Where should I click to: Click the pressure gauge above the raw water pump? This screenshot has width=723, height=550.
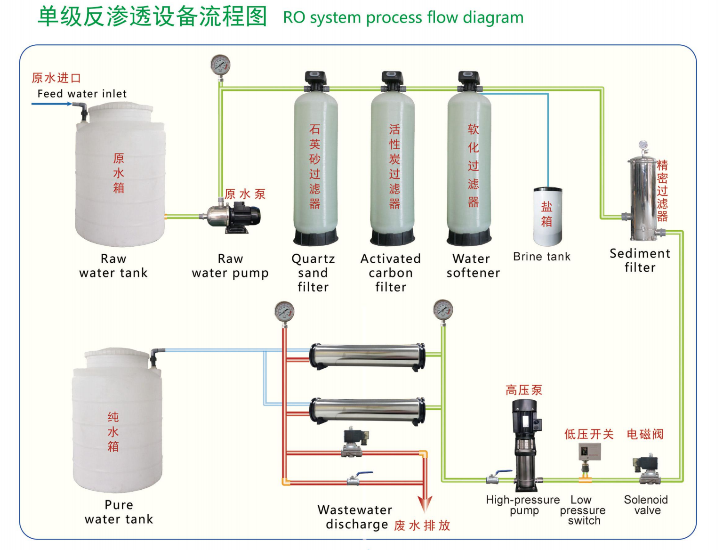coord(220,65)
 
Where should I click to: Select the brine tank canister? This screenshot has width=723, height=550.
coord(547,217)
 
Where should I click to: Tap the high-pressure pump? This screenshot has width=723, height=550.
coord(525,443)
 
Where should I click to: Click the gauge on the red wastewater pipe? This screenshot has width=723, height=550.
coord(284,312)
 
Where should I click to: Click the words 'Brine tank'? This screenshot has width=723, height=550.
coord(541,257)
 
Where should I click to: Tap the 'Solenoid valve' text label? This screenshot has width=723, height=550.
coord(646,505)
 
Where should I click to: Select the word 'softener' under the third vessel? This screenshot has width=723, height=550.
coord(473,273)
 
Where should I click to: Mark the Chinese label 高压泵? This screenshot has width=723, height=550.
coord(524,390)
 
